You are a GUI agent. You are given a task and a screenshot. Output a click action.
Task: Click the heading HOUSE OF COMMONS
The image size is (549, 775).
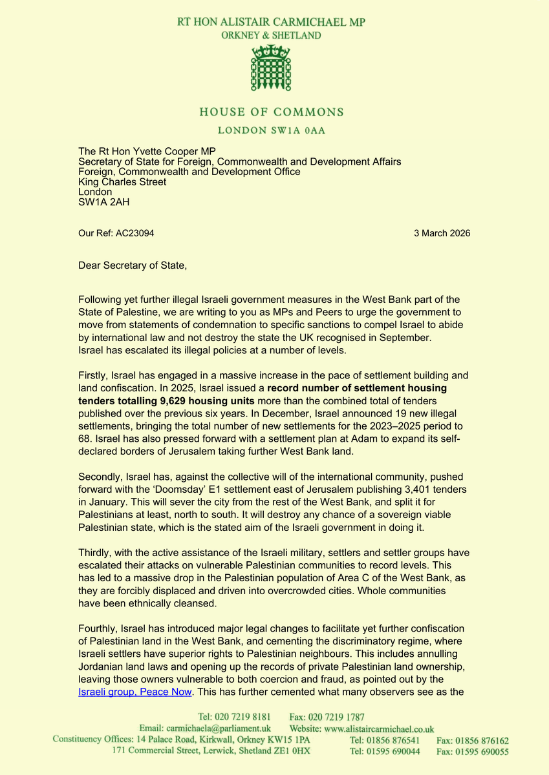[x=271, y=112]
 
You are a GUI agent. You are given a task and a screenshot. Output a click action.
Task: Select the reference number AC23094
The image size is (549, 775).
[x=135, y=233]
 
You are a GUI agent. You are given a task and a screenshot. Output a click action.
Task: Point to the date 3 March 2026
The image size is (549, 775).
[x=442, y=233]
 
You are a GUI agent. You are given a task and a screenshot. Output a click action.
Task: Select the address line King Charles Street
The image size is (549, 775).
[x=122, y=182]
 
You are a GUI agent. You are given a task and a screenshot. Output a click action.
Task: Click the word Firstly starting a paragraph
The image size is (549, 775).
[x=92, y=376]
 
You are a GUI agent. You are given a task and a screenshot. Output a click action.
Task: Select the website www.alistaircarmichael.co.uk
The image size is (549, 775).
[x=380, y=728]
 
